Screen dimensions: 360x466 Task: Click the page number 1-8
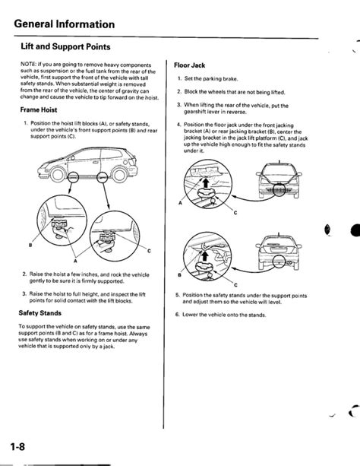tap(17, 447)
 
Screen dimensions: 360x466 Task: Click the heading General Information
tap(64, 24)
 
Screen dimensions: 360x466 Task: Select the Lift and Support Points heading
tap(65, 46)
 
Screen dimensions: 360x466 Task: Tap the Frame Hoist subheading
tap(39, 109)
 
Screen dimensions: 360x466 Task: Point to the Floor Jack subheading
tap(190, 65)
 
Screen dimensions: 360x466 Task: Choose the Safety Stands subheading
tap(39, 313)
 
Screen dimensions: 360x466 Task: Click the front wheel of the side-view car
tap(57, 175)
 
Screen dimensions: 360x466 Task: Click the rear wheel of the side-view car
tap(120, 175)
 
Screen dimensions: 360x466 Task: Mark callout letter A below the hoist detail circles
tap(75, 261)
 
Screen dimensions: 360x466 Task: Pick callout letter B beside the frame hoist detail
tap(30, 246)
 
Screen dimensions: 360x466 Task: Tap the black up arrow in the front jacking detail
tap(204, 182)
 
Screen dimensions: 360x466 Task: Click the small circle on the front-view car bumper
tap(279, 189)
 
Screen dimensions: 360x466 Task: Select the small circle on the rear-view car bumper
tap(279, 262)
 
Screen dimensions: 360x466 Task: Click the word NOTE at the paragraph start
tap(27, 65)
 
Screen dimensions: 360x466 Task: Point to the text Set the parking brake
tap(211, 79)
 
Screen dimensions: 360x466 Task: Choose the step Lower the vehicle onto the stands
tap(224, 315)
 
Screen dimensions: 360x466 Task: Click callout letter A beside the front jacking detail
tap(180, 203)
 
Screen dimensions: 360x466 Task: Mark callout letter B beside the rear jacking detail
tap(179, 275)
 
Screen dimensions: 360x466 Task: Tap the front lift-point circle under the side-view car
tap(74, 177)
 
